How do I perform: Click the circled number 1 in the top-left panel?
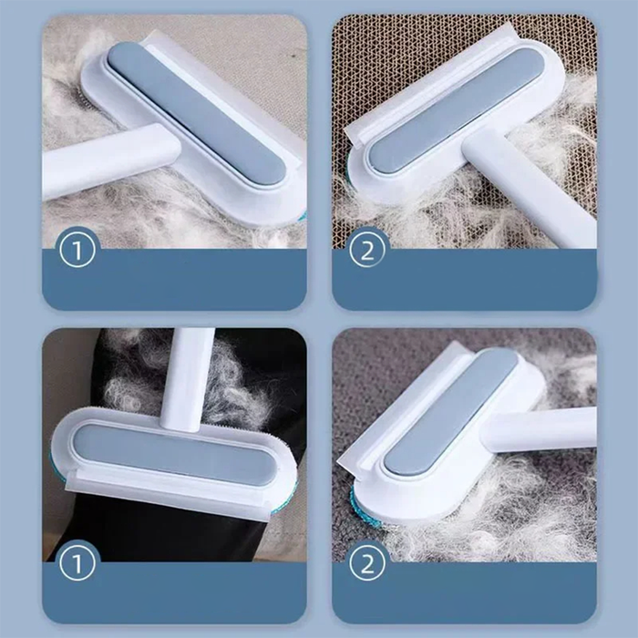[x=77, y=250]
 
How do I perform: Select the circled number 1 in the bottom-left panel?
[x=77, y=562]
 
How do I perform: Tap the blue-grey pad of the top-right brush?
[x=455, y=110]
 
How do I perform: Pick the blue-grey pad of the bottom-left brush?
[x=174, y=454]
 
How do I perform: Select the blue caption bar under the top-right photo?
[x=464, y=280]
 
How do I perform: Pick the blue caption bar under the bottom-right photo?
[x=464, y=592]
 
